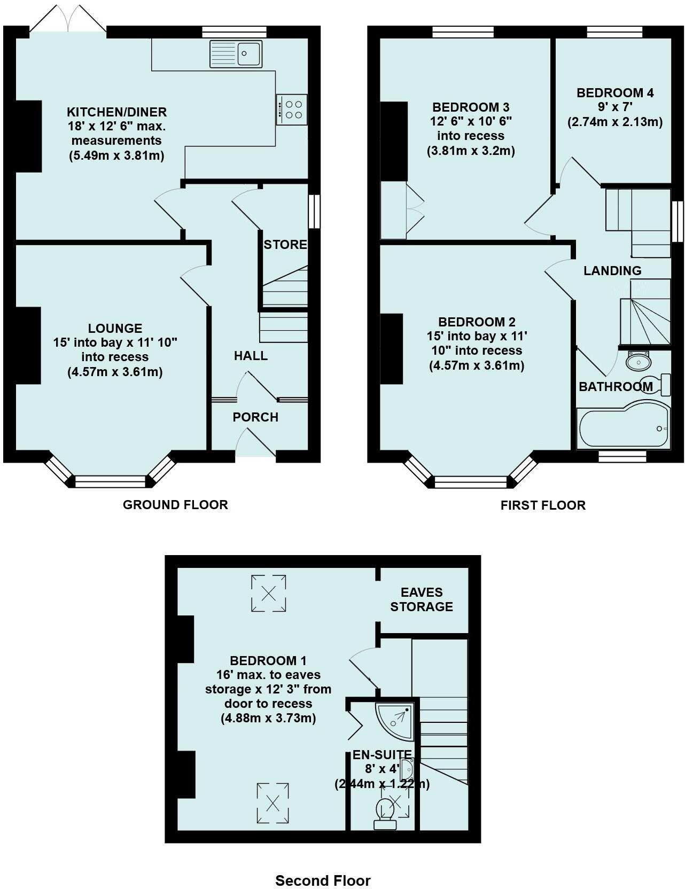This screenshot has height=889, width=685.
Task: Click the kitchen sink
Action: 236,53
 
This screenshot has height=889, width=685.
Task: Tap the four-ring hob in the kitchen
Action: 292,110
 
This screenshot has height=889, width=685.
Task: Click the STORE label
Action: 285,245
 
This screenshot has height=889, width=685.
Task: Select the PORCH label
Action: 255,417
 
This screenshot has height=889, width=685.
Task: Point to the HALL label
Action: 251,356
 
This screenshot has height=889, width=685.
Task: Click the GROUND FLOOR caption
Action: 175,505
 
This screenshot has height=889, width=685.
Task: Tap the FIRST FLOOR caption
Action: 543,505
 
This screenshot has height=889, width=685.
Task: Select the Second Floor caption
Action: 323,880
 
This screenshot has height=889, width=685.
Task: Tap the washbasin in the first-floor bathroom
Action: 638,362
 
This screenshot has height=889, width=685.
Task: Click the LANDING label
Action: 612,271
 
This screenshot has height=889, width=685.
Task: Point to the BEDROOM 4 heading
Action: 615,93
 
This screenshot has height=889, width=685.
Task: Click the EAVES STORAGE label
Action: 422,599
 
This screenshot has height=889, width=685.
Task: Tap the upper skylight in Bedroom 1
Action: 269,593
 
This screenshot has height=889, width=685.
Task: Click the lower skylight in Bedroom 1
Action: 273,803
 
